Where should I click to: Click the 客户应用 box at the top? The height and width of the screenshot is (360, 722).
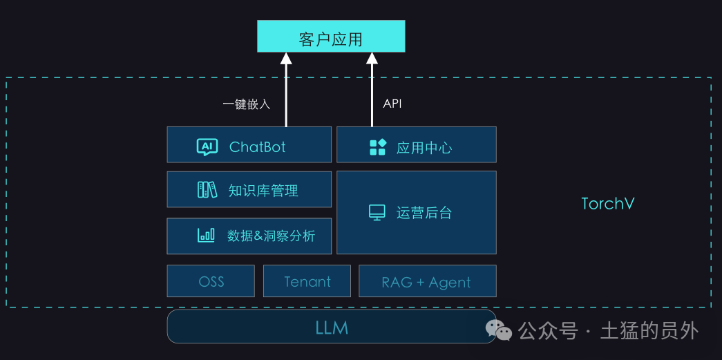(x=331, y=36)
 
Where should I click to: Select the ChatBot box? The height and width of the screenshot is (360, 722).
(x=249, y=144)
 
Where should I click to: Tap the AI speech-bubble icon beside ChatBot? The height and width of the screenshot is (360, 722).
(x=207, y=147)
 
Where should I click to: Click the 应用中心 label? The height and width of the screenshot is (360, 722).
(x=424, y=148)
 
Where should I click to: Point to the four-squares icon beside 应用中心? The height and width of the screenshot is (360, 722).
(x=378, y=147)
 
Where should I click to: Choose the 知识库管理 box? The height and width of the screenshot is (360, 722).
(x=249, y=189)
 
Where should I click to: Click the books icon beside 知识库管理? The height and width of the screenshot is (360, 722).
(x=207, y=189)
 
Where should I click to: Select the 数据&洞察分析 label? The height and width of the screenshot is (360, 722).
(x=272, y=236)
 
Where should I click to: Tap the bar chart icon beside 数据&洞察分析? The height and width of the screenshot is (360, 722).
(x=206, y=235)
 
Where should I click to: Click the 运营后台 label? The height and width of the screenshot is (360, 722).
(x=424, y=213)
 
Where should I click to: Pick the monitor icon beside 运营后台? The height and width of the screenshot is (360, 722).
(x=377, y=212)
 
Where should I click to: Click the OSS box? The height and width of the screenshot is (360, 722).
(x=211, y=281)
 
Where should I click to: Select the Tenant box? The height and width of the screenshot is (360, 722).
(x=307, y=281)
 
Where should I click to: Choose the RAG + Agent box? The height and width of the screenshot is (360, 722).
(x=428, y=281)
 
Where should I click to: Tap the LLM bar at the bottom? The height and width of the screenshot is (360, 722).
(x=332, y=326)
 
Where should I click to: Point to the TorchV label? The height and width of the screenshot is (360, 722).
(x=608, y=203)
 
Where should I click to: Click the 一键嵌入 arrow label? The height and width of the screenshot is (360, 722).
(x=247, y=104)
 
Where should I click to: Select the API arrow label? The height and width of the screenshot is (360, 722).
(x=392, y=104)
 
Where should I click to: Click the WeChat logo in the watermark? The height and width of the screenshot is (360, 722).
(x=500, y=330)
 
